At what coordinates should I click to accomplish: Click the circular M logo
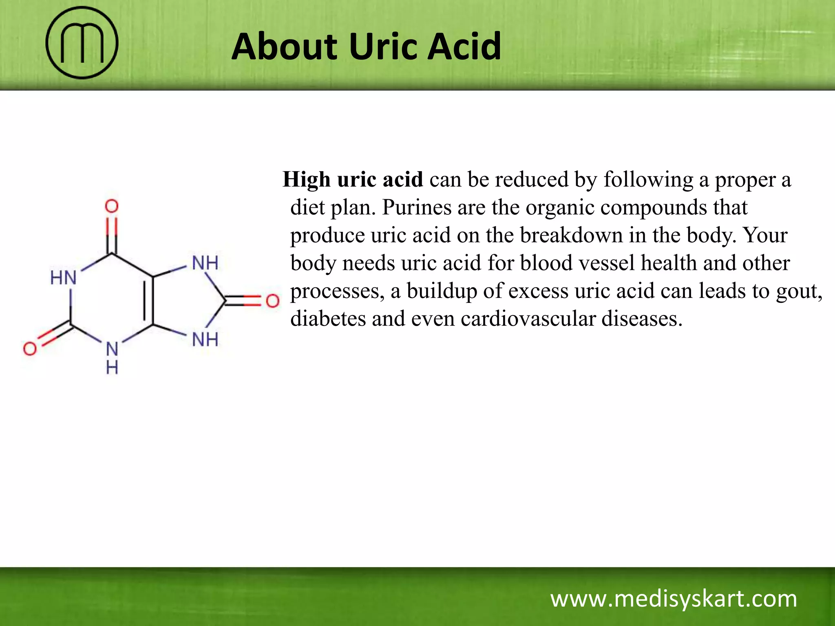point(82,43)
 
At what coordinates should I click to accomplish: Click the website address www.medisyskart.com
point(674,599)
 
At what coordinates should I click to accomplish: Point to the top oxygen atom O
point(112,206)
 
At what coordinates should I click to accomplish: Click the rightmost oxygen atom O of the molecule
point(272,301)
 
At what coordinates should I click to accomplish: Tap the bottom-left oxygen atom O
point(30,348)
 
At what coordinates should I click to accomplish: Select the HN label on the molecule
point(63,278)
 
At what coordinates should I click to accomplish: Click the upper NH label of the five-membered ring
point(205,263)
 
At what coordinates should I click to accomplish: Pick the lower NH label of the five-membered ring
point(205,339)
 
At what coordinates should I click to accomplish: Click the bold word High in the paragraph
point(307,180)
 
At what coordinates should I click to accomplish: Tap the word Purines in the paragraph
point(417,207)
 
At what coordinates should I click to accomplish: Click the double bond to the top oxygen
point(112,236)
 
